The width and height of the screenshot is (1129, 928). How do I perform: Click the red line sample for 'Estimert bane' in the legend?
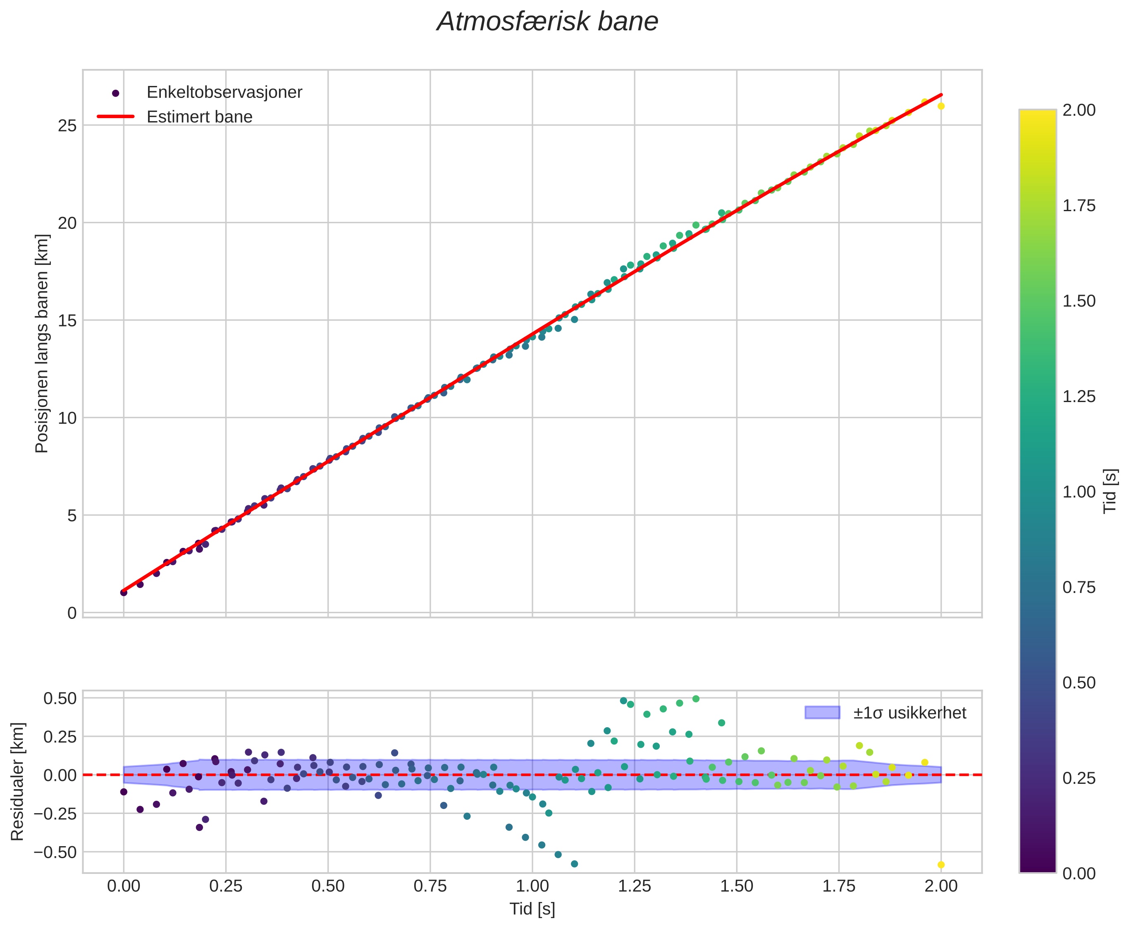click(x=115, y=117)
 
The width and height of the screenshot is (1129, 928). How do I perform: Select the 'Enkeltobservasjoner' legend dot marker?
click(x=115, y=93)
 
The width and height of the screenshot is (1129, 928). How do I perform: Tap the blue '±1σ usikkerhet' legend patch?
click(x=822, y=713)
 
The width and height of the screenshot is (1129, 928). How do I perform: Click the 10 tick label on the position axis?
click(x=67, y=418)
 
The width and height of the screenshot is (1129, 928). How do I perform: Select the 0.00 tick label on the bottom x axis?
click(x=124, y=886)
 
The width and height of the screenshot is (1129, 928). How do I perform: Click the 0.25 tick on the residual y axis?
click(x=60, y=737)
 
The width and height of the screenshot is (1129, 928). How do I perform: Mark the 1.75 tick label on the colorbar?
click(x=1079, y=206)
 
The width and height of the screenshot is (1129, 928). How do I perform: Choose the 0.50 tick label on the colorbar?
click(x=1079, y=683)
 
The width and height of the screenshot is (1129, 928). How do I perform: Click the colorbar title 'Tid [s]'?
click(x=1111, y=491)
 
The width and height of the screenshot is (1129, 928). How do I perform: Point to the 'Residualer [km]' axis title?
click(x=18, y=781)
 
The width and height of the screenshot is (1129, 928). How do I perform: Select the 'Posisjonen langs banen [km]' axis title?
click(x=42, y=343)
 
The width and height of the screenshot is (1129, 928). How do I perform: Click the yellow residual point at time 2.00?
click(x=941, y=865)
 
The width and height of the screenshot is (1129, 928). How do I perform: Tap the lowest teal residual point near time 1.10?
click(x=574, y=864)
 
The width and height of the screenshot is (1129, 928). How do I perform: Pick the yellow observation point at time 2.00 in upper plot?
click(x=941, y=106)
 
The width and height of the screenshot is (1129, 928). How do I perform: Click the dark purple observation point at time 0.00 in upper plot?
click(x=124, y=592)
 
